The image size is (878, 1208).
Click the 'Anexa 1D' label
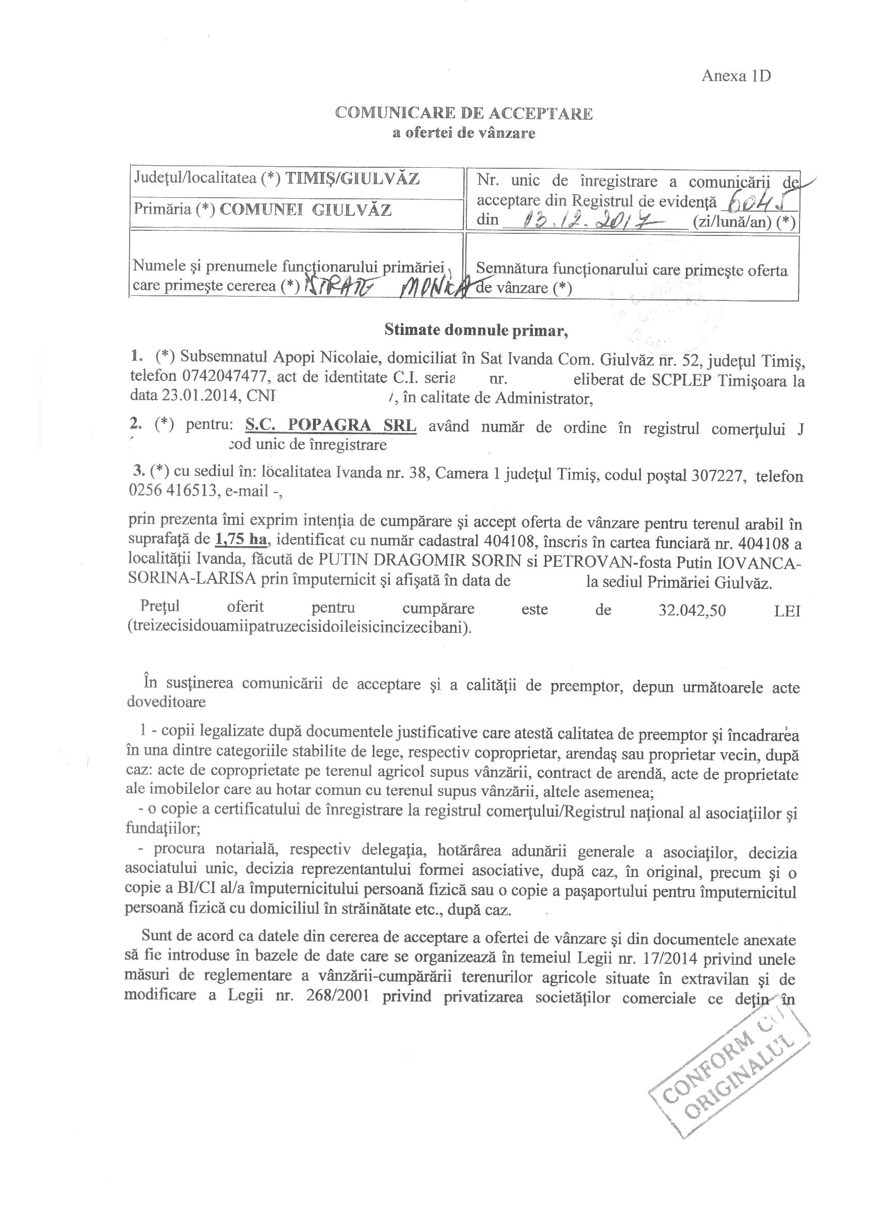[x=736, y=76]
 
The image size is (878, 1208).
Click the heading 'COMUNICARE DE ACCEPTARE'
[x=463, y=114]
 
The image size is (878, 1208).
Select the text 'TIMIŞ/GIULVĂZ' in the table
[x=353, y=179]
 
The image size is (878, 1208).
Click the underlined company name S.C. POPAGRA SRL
[x=331, y=426]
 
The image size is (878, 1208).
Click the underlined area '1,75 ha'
[x=240, y=539]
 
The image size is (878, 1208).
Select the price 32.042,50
[x=692, y=610]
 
